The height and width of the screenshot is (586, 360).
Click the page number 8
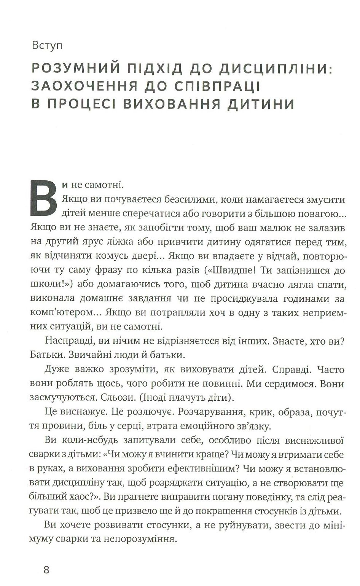[46, 570]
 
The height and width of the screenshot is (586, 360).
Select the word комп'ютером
[57, 312]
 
